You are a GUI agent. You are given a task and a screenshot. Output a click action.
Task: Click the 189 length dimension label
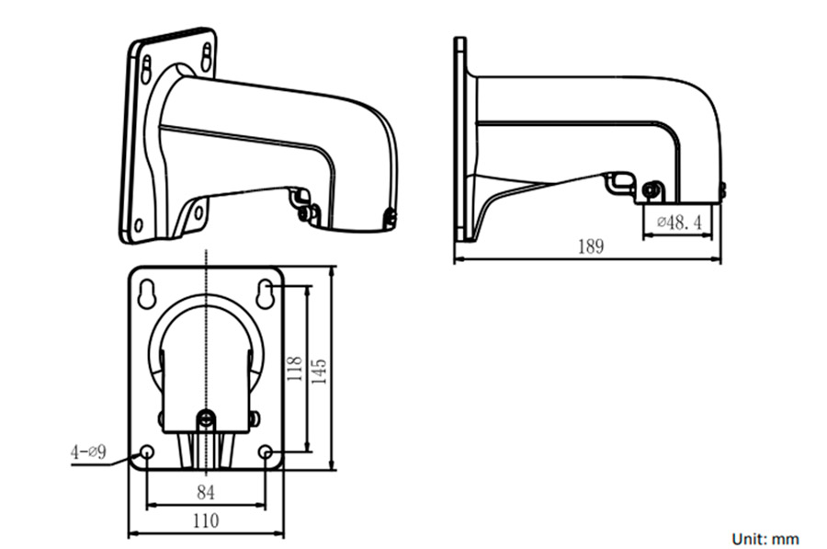[590, 246]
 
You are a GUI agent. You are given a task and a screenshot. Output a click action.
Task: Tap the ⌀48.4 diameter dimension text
[679, 222]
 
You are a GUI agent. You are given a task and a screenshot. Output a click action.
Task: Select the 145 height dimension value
[319, 370]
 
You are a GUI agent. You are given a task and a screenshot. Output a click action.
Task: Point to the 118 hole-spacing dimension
[295, 370]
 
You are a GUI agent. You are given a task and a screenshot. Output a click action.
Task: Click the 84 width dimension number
[206, 492]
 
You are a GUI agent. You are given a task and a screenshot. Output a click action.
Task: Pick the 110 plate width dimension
[206, 520]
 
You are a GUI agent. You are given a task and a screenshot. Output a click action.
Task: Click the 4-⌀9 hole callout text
[89, 452]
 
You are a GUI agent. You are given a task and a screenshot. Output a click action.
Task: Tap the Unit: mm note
[765, 539]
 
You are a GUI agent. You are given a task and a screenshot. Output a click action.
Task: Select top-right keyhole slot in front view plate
[265, 295]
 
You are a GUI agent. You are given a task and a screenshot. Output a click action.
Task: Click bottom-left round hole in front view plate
[147, 452]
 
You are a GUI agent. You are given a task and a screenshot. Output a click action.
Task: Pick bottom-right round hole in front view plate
[266, 452]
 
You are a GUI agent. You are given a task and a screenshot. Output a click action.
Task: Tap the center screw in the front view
[207, 419]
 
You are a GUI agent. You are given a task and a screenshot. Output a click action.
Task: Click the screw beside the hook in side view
[651, 191]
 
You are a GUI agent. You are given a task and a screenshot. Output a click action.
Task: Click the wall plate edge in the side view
[460, 138]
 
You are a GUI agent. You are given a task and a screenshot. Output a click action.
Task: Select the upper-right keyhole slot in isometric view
[206, 57]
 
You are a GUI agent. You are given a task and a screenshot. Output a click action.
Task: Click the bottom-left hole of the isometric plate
[139, 223]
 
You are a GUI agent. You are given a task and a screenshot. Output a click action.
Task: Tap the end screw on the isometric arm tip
[390, 219]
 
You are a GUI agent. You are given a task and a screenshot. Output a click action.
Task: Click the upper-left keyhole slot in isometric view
[147, 69]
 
